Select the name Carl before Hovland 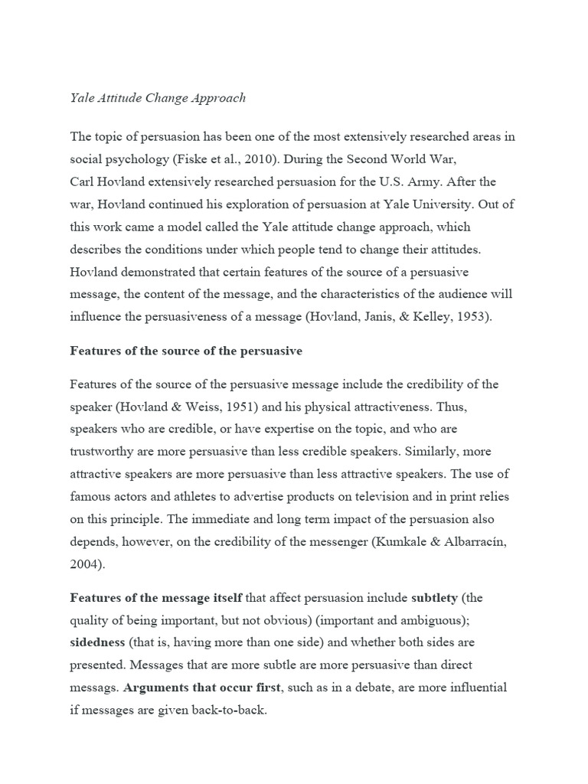tap(83, 183)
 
